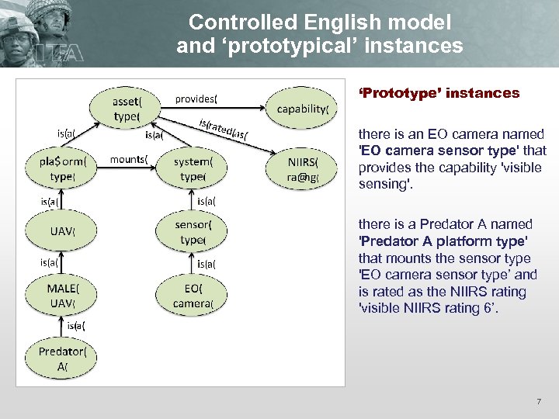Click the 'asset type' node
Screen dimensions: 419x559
(127, 108)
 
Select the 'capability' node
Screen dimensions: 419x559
(302, 109)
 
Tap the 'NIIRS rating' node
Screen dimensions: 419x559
(302, 168)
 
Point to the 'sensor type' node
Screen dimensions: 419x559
(192, 231)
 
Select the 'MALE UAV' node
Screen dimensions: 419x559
(62, 294)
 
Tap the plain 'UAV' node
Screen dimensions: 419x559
(62, 231)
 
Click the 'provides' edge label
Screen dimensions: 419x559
(196, 99)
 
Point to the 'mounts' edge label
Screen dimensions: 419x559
(130, 159)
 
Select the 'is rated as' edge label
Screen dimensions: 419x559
(223, 130)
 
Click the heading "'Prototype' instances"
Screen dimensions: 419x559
(439, 93)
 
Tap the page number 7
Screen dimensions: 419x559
(538, 402)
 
